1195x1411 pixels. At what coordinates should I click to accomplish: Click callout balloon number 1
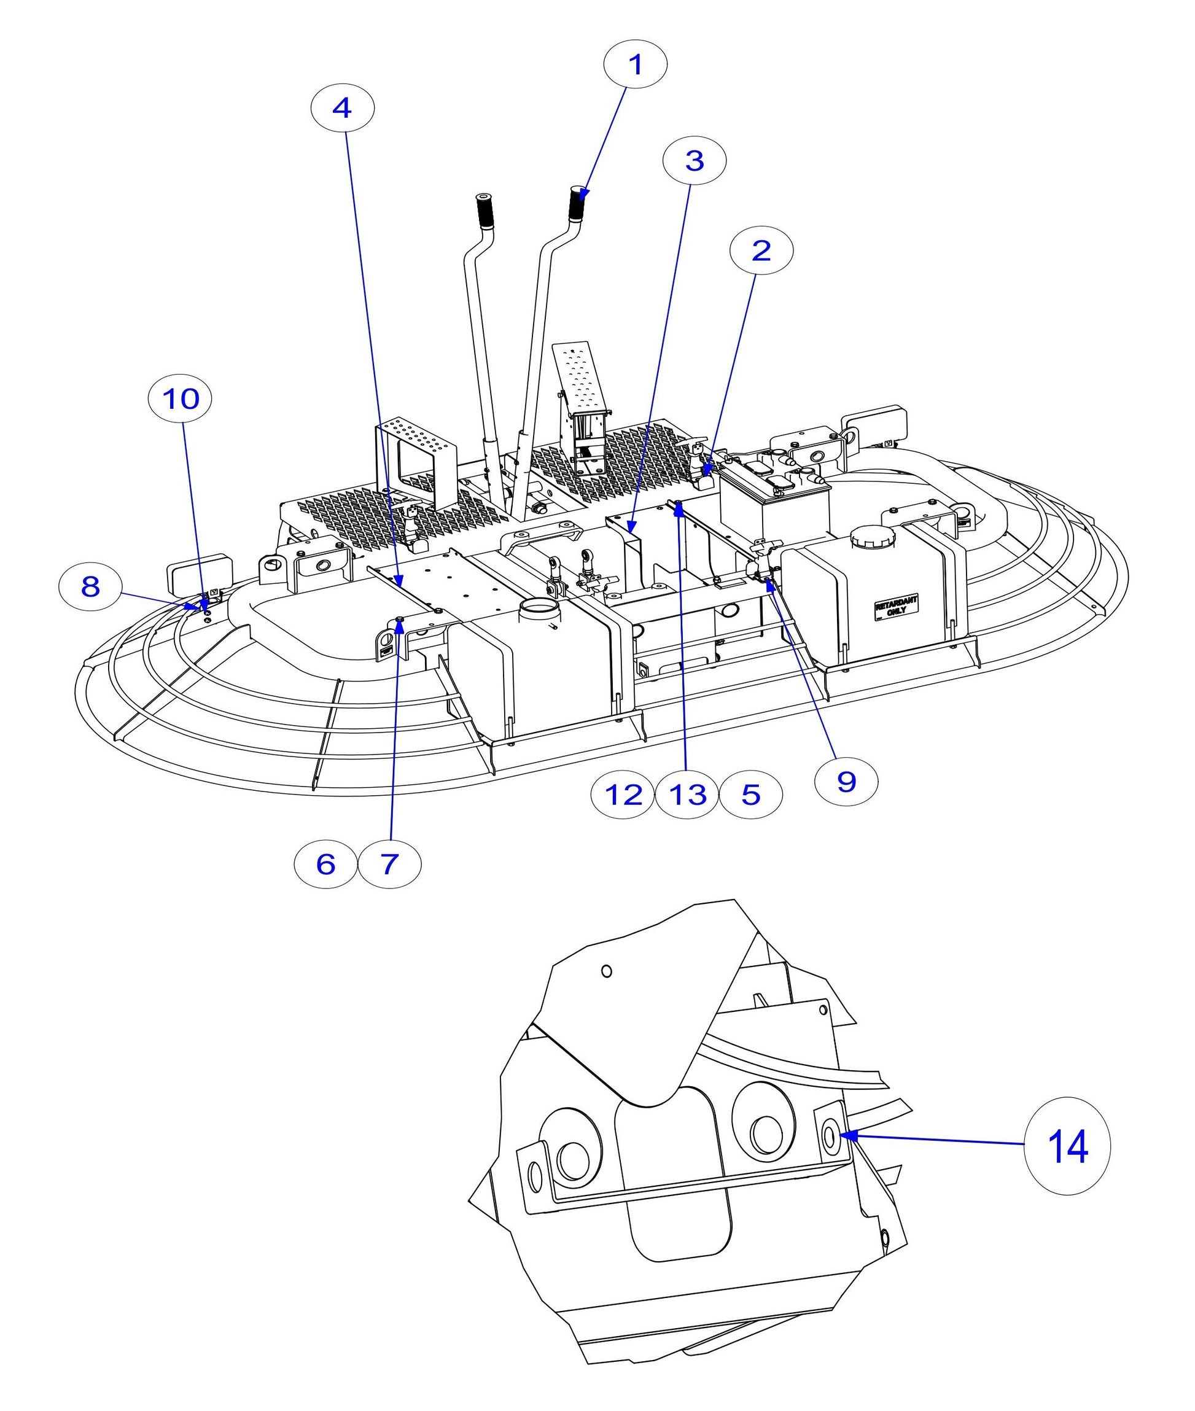[x=635, y=64]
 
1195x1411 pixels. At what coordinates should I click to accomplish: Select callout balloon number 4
[x=342, y=107]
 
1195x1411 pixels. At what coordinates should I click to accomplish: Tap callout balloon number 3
[x=695, y=160]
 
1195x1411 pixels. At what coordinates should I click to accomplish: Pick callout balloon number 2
[x=761, y=251]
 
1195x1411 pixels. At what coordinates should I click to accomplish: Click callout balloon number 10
[x=179, y=399]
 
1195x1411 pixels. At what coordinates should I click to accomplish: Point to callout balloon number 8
[x=90, y=586]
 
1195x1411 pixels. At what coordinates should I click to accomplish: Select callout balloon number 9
[x=846, y=782]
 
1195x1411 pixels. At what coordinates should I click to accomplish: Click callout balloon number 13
[x=687, y=794]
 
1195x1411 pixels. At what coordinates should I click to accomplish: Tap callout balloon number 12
[x=623, y=794]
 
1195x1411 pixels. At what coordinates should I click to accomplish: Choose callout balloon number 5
[x=750, y=794]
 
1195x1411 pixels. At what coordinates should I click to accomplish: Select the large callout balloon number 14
[x=1067, y=1146]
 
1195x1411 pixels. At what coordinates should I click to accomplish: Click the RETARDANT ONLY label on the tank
[x=895, y=605]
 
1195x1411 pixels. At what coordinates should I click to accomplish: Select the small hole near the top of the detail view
[x=606, y=971]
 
